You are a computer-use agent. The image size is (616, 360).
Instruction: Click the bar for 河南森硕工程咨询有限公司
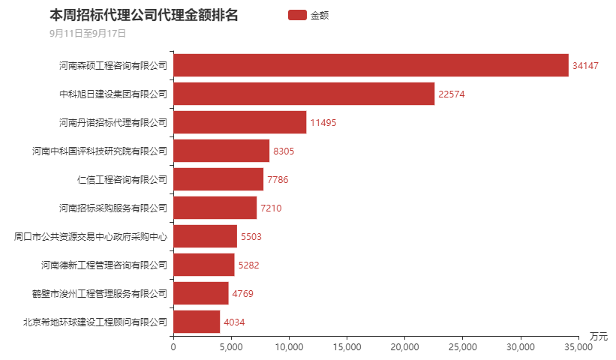[371, 65]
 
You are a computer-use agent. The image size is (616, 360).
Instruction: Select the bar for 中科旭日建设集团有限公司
[304, 94]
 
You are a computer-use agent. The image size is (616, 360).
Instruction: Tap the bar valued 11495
[240, 122]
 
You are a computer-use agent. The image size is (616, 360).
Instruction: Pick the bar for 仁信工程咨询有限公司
[218, 179]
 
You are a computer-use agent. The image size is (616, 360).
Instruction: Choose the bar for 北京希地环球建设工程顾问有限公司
[197, 322]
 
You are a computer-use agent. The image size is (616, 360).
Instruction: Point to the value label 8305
[284, 151]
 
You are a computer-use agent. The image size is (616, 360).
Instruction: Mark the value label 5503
[251, 237]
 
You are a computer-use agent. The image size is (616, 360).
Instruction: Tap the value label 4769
[242, 294]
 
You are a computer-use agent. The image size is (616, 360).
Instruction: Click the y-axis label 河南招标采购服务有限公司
[113, 208]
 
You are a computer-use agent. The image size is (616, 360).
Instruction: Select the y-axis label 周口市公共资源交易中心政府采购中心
[90, 236]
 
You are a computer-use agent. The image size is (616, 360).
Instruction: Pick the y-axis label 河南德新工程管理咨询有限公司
[104, 265]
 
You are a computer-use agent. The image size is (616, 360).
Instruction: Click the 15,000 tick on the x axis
[347, 346]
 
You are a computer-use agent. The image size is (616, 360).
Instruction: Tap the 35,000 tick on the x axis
[578, 346]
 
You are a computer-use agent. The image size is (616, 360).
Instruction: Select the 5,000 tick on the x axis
[231, 346]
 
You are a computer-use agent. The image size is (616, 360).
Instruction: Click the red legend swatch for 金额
[297, 15]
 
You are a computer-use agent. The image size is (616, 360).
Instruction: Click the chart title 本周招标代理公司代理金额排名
[143, 15]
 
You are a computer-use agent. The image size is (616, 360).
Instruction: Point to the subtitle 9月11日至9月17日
[87, 33]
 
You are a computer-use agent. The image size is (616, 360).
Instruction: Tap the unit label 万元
[598, 335]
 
